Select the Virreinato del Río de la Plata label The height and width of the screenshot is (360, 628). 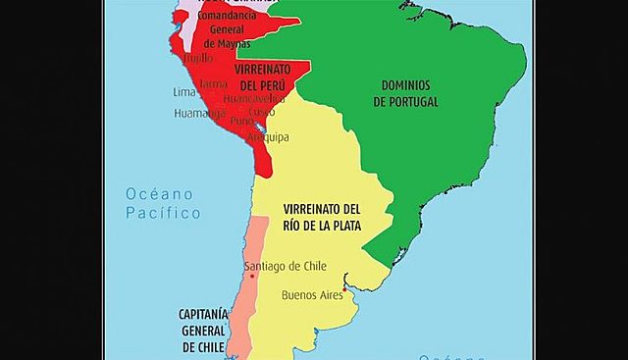(x=322, y=218)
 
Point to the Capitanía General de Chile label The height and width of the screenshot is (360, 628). (x=203, y=330)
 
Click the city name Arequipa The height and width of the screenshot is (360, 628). (x=268, y=137)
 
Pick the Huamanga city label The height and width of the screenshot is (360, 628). (x=194, y=113)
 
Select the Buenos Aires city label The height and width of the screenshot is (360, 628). (x=313, y=294)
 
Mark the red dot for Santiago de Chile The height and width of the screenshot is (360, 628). (x=252, y=277)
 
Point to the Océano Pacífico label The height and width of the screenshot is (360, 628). (x=163, y=203)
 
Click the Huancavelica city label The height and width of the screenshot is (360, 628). (x=254, y=98)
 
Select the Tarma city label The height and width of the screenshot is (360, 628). (x=213, y=85)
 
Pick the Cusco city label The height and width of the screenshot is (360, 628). (x=262, y=111)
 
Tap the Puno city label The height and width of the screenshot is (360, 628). (x=241, y=121)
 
